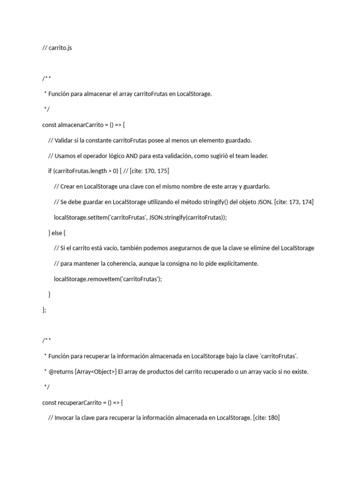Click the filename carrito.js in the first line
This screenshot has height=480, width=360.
(60, 48)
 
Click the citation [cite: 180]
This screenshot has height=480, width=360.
(266, 417)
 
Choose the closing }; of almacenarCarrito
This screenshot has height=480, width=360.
(45, 309)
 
